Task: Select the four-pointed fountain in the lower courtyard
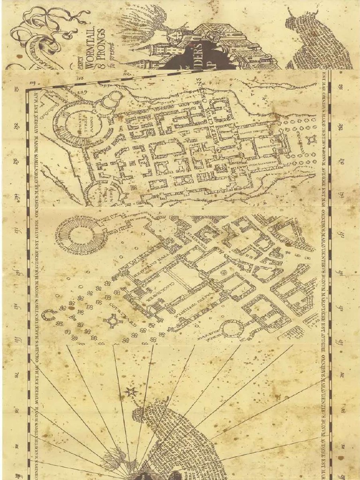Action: [113, 321]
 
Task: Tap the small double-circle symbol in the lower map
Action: [223, 272]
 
